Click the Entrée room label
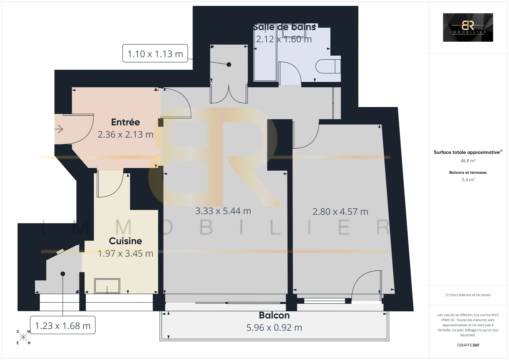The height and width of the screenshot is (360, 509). click(x=125, y=122)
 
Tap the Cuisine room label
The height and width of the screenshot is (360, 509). click(x=125, y=241)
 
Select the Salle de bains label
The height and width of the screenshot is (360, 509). click(x=284, y=27)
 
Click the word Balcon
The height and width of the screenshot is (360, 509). click(x=274, y=315)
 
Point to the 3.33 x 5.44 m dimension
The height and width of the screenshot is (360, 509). click(x=223, y=211)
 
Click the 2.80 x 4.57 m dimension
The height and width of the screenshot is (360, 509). click(x=340, y=212)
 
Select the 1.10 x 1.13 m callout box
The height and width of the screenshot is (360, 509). click(x=155, y=54)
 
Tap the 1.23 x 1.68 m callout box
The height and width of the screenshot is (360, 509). click(x=63, y=326)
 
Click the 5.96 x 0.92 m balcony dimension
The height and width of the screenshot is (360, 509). click(x=274, y=328)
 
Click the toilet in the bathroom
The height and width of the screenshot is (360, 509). click(x=328, y=66)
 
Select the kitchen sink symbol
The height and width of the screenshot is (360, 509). click(x=107, y=286)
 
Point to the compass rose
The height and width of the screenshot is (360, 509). click(x=23, y=337)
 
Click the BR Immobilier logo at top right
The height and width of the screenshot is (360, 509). click(x=468, y=28)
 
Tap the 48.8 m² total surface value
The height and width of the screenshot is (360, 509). click(x=468, y=161)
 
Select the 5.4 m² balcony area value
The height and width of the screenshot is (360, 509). click(x=468, y=180)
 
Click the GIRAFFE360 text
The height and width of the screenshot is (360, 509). click(x=468, y=345)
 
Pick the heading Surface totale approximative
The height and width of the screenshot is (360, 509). click(x=467, y=152)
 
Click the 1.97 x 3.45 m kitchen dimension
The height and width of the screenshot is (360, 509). click(x=125, y=254)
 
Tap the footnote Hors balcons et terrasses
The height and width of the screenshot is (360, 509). click(x=468, y=295)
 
